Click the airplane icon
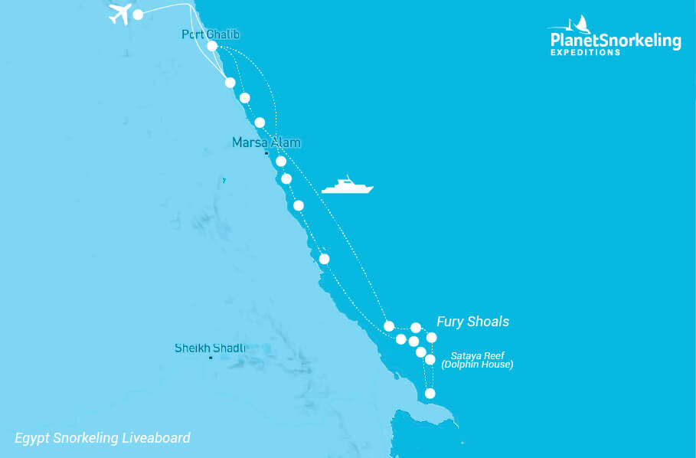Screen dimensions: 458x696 tap(121, 14)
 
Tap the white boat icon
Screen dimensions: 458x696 tap(348, 185)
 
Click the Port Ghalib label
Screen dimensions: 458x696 tap(206, 34)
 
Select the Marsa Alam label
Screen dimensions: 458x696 tap(266, 142)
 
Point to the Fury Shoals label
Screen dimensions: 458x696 tap(472, 322)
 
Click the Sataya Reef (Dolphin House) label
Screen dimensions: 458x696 tap(482, 360)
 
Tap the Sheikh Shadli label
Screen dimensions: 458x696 tap(211, 348)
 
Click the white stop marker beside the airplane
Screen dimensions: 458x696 tap(138, 15)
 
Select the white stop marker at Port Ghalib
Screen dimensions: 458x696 tap(212, 46)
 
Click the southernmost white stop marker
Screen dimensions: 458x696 tap(430, 394)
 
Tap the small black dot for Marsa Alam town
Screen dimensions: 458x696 tap(266, 153)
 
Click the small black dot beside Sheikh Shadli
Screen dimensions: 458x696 tap(211, 358)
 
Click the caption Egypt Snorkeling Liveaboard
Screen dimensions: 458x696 tap(103, 438)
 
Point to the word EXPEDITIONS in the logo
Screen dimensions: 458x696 tap(586, 53)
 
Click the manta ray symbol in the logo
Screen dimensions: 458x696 tap(582, 24)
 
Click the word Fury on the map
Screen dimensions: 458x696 tap(450, 322)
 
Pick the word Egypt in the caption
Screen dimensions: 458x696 tap(32, 438)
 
